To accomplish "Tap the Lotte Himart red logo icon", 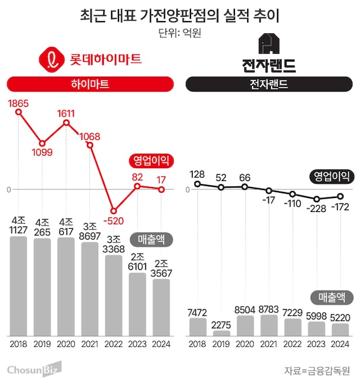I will point(51,59).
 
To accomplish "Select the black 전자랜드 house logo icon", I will point(268,45).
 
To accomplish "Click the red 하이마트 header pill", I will point(90,84).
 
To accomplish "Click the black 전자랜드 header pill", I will point(269,84).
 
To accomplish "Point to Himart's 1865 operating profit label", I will point(18,103).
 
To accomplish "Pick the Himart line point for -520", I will point(114,210).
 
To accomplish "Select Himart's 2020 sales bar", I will point(66,286).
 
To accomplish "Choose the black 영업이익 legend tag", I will point(332,175).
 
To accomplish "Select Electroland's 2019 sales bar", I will point(221,333).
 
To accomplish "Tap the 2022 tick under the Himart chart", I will point(114,344).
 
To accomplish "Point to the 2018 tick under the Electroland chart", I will point(198,344).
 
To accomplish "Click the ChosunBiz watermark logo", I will point(34,369).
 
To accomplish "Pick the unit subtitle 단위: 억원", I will point(179,33).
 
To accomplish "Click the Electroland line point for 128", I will point(198,184).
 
